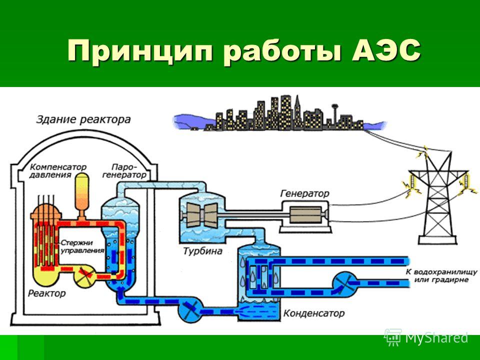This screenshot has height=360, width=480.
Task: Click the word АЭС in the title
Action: point(386,50)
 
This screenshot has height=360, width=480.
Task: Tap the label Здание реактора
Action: point(83,119)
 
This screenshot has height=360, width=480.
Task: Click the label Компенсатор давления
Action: point(58,171)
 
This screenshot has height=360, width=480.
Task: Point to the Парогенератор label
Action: point(124,171)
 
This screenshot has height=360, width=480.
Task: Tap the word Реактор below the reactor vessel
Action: point(47,293)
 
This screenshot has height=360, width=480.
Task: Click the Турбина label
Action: point(202,251)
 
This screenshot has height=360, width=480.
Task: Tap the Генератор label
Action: point(304,193)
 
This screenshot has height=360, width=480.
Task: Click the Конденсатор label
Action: point(314,313)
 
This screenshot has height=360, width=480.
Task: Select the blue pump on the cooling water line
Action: point(345,282)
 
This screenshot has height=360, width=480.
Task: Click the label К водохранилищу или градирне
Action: point(441,276)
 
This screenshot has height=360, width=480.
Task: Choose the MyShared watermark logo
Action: point(426,337)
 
